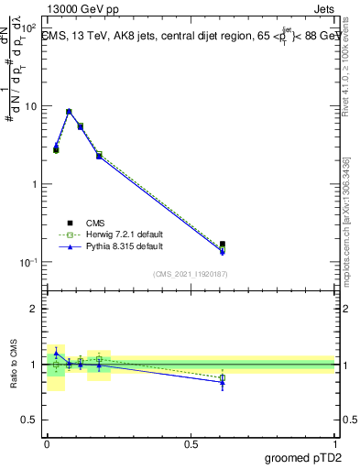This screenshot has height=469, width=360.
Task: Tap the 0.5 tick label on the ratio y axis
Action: point(27,420)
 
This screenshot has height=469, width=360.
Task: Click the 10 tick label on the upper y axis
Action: point(29,106)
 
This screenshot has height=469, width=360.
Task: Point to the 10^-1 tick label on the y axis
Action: point(27,262)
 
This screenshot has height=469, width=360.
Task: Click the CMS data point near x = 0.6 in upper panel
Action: point(223,245)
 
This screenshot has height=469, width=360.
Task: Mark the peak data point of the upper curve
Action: point(69,112)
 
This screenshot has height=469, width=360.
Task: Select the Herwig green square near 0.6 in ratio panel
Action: point(223,377)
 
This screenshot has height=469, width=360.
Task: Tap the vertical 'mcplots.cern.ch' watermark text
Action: point(350,238)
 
